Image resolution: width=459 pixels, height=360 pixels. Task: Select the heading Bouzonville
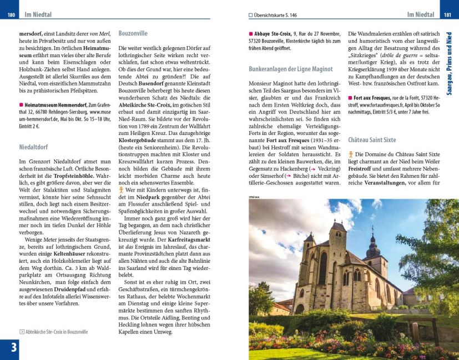pos(133,33)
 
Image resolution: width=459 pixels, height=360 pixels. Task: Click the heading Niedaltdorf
pos(33,147)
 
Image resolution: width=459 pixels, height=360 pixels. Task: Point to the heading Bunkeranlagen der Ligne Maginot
pos(291,69)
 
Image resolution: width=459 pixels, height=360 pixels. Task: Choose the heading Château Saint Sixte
pos(372,140)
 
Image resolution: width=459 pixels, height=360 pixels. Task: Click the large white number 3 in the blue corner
pos(9,348)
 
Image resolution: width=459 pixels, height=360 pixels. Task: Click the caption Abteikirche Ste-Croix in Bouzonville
pos(56,332)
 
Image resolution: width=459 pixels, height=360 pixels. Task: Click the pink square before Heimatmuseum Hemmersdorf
pos(21,104)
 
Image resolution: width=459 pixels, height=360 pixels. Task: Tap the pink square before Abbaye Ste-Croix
pos(251,34)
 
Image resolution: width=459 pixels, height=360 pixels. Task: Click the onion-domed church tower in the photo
pos(372,244)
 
